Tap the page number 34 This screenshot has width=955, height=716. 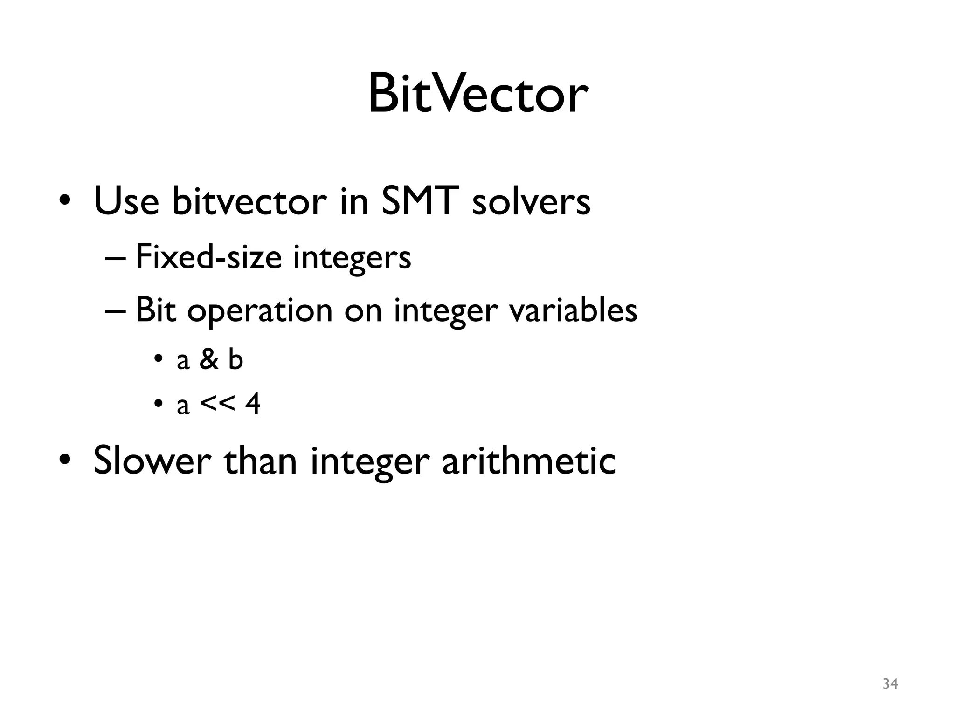(890, 684)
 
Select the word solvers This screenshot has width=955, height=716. (531, 202)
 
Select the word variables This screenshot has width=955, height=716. (573, 310)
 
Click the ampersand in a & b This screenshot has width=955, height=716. (209, 360)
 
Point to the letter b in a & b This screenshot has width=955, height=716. (236, 360)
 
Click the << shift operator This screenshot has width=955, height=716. (217, 404)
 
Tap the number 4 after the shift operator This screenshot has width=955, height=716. (253, 404)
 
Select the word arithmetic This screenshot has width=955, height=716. (529, 461)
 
